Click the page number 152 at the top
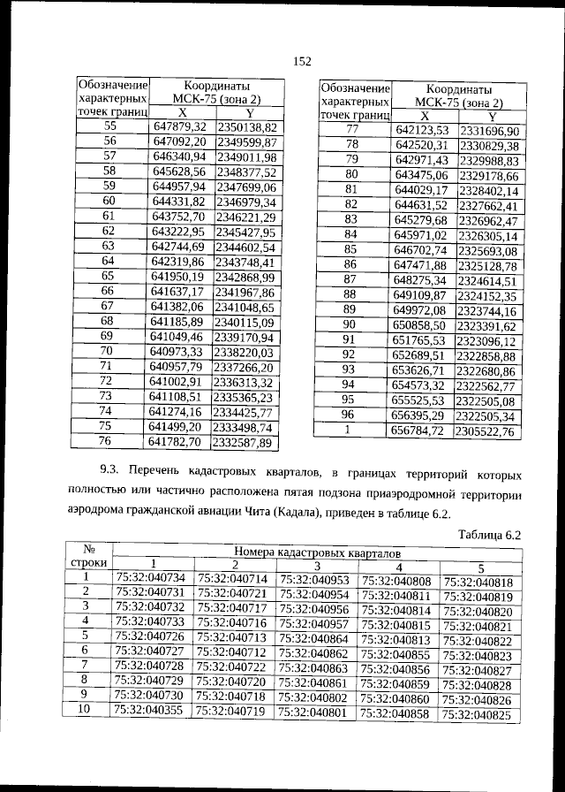[x=300, y=61]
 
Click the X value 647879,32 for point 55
[x=179, y=126]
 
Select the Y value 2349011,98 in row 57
[x=246, y=156]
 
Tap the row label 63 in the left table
[x=109, y=246]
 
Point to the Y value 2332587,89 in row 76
[x=246, y=442]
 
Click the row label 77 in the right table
[x=351, y=130]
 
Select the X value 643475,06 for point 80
[x=423, y=175]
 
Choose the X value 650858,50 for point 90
[x=423, y=325]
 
